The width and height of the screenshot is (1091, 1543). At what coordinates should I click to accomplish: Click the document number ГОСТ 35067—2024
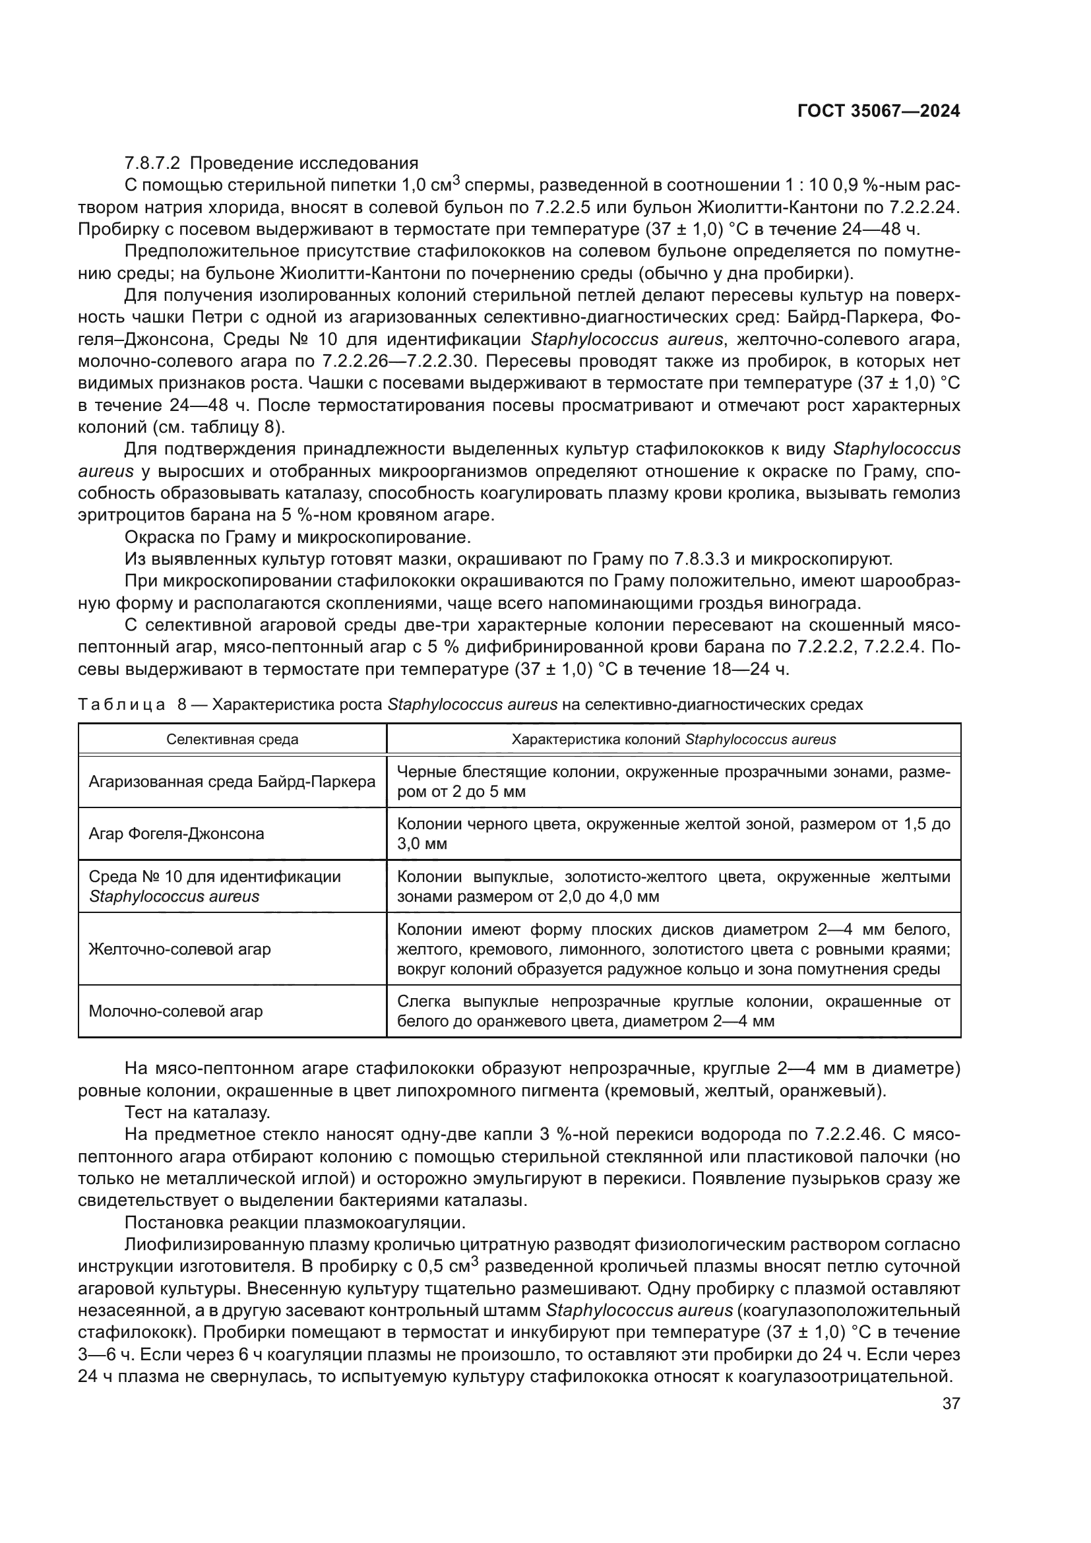point(878,111)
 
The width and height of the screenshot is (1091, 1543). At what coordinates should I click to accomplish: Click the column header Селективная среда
point(232,740)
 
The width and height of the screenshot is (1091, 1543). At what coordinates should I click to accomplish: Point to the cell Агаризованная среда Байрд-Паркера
point(232,782)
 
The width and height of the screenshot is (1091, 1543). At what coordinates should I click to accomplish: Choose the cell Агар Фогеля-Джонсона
point(177,834)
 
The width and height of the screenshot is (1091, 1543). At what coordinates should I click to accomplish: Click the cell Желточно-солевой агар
point(180,949)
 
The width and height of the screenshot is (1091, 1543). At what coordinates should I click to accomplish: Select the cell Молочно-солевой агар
point(176,1011)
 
